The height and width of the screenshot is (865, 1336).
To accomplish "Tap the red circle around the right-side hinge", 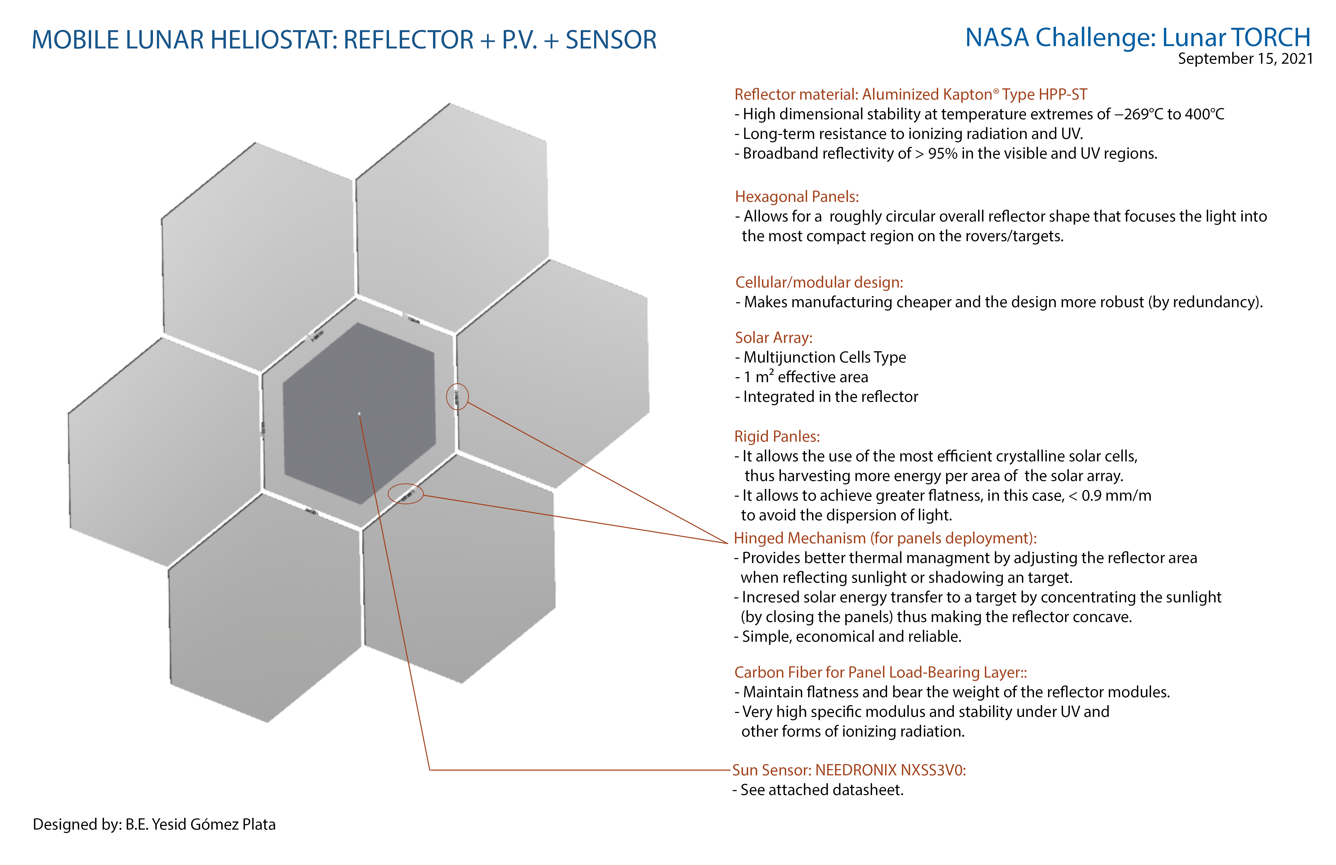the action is pos(457,397).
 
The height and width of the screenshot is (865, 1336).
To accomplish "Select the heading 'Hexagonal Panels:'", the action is pos(797,197).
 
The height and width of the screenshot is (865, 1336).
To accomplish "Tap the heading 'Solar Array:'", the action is pos(774,338).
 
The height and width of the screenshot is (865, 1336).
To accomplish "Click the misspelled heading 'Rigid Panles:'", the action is pos(777,436).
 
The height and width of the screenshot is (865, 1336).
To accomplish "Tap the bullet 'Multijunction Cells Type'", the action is pos(824,357).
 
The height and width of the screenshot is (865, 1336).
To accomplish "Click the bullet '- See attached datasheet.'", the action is pos(818,790).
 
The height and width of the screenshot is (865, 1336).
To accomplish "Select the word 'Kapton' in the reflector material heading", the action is pos(967,94).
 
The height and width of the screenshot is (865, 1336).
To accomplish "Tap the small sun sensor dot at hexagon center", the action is pos(359,414).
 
